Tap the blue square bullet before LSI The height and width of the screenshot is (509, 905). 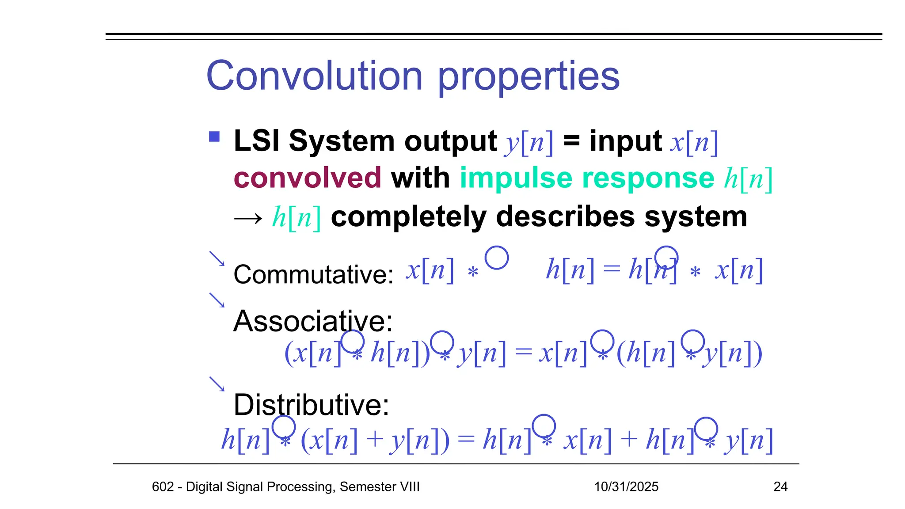[214, 137]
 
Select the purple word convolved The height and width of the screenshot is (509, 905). [307, 178]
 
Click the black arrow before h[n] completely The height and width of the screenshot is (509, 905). [248, 218]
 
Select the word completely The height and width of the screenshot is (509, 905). [409, 217]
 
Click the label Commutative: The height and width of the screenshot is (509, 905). [313, 274]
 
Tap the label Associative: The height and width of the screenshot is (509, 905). [313, 321]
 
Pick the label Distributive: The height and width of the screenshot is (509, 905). [311, 405]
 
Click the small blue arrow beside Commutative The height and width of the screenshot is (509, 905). [217, 259]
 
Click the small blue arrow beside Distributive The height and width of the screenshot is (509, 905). [217, 384]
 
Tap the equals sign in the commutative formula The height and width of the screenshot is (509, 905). [612, 269]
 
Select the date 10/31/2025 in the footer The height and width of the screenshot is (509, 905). [626, 486]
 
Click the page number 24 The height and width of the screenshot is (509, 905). [780, 486]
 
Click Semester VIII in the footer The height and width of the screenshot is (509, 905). [380, 486]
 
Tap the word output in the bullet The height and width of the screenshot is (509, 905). [450, 141]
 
